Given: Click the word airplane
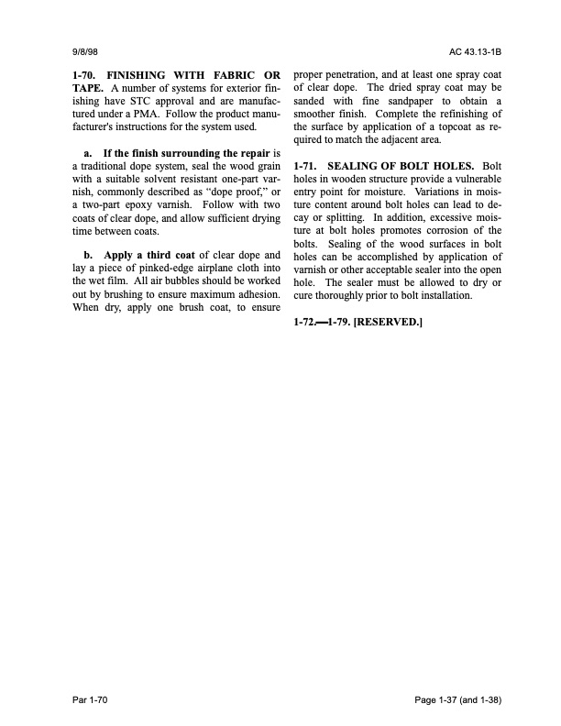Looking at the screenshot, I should (220, 268).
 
